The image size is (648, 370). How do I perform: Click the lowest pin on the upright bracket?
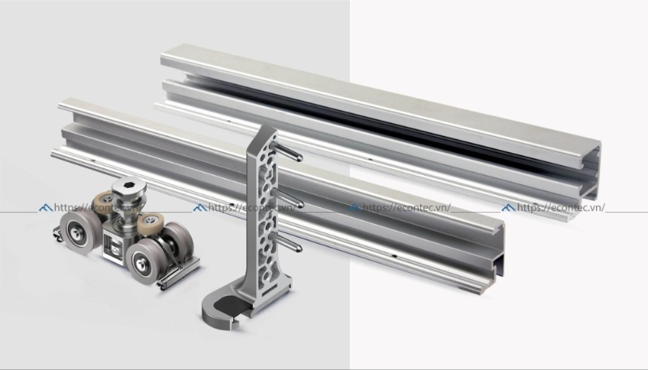292,242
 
